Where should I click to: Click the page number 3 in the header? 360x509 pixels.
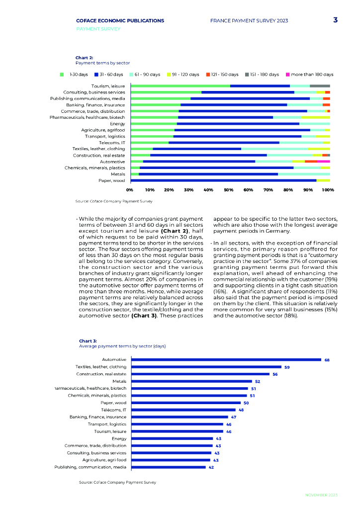coord(336,20)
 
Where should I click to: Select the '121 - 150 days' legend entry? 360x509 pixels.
coord(221,75)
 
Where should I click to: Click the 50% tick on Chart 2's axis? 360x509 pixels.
coord(228,190)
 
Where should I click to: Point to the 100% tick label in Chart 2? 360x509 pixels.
coord(328,190)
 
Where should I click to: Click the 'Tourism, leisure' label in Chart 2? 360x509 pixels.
coord(108,86)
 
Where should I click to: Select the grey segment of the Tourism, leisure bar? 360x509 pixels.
coord(320,86)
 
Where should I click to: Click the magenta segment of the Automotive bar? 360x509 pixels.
coord(324,162)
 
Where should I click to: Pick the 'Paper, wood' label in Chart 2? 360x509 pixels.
coord(111,180)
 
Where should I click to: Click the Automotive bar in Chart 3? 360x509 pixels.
coord(226,359)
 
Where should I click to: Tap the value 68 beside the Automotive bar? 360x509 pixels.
coord(327,360)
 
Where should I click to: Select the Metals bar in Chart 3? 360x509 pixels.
coord(192,381)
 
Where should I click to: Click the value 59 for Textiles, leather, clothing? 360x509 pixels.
coord(287,367)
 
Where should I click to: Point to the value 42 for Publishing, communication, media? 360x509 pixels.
coord(211,467)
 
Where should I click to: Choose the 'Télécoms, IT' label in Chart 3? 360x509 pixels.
coord(113,410)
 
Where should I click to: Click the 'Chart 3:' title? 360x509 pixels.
coord(88,341)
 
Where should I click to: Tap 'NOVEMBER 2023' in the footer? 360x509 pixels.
coord(321,495)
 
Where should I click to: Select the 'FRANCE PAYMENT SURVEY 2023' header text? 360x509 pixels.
coord(249,21)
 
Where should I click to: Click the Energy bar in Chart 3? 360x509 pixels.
coord(173,438)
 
